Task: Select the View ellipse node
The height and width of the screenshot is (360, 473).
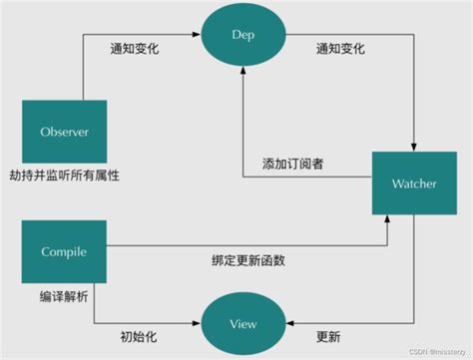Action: point(242,323)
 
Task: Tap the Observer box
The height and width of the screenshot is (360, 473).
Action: point(64,131)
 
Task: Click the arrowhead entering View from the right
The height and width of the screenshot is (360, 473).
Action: point(289,323)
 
